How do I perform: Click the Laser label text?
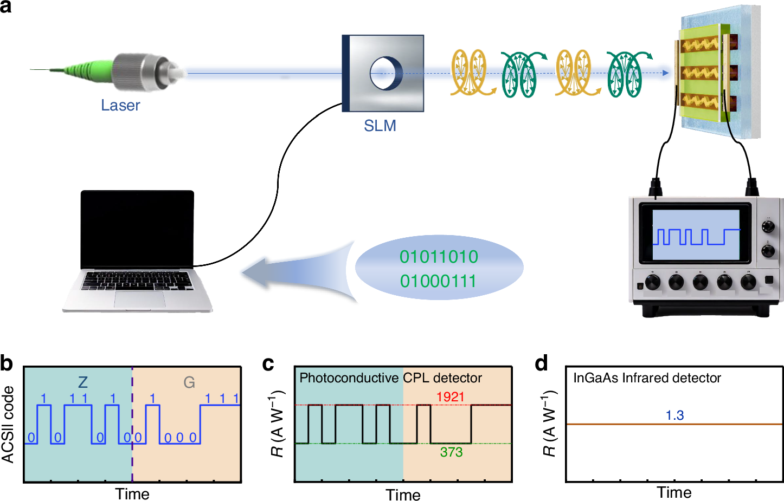120,105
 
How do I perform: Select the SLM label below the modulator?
380,126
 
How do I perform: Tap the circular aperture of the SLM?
385,73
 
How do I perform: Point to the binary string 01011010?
439,256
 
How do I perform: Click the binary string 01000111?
438,281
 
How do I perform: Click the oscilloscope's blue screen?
696,235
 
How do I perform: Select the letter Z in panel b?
82,382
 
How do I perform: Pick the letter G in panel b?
189,382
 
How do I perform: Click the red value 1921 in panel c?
450,396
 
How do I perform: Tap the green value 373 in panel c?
451,452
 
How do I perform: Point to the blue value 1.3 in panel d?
674,415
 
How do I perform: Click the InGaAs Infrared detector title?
647,378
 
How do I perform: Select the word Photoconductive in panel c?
349,378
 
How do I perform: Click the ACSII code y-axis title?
8,424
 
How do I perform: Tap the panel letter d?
541,363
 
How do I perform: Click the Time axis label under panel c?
403,495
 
